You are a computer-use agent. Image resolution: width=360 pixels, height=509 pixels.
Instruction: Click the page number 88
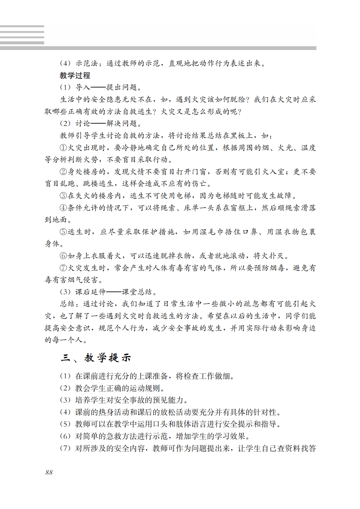coord(49,472)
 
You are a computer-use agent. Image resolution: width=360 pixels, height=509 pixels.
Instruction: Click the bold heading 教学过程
coord(75,75)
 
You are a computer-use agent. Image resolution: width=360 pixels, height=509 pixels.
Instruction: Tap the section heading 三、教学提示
coord(96,358)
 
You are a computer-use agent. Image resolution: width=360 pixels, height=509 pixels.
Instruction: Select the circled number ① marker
coord(63,148)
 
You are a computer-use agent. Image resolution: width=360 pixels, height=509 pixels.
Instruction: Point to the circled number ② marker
coord(63,172)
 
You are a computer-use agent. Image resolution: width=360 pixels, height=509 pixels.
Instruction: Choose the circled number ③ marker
coord(63,196)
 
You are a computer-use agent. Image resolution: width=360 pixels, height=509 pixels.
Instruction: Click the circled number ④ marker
coord(63,208)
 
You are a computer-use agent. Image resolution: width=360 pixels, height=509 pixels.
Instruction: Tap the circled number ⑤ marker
coord(63,232)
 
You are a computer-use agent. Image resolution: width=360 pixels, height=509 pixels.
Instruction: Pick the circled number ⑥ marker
coord(63,256)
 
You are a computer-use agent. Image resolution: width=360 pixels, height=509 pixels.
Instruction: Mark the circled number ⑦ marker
coord(63,268)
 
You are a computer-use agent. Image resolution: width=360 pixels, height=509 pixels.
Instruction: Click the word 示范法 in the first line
coord(87,63)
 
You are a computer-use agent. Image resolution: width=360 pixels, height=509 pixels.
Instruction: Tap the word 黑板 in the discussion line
coord(237,135)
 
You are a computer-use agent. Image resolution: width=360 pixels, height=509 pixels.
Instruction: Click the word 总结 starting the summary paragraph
coord(67,304)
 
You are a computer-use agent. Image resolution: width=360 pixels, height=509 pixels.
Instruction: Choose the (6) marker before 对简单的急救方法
coord(65,436)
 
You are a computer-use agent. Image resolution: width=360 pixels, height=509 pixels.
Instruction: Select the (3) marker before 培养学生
coord(65,400)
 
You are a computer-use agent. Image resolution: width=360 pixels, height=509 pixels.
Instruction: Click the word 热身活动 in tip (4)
coord(114,412)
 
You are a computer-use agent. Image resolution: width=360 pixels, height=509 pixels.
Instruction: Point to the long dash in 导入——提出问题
coord(98,87)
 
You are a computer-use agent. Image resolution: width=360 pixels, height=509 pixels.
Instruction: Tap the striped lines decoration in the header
coord(22,35)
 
